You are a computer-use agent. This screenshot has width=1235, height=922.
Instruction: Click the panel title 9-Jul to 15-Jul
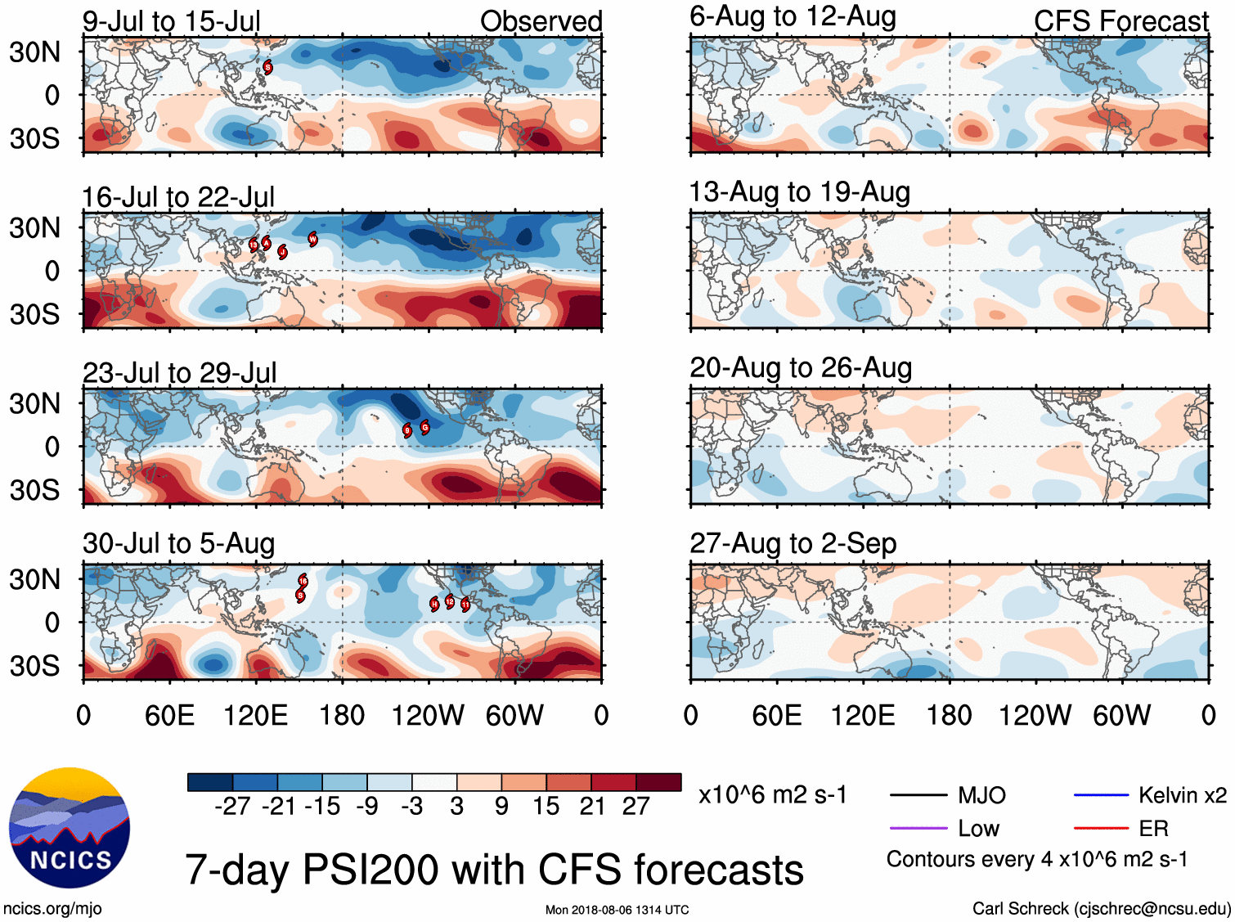pyautogui.click(x=171, y=21)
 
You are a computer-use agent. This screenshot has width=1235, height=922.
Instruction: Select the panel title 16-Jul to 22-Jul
pyautogui.click(x=178, y=197)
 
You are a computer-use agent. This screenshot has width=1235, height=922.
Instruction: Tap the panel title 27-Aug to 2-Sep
pyautogui.click(x=793, y=543)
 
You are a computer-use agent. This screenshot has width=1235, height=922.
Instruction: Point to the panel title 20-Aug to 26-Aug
pyautogui.click(x=800, y=368)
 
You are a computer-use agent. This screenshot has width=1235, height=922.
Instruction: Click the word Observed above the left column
pyautogui.click(x=541, y=21)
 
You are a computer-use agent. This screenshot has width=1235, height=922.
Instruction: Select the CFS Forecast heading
pyautogui.click(x=1120, y=21)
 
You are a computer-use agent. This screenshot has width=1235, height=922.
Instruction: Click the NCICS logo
pyautogui.click(x=69, y=827)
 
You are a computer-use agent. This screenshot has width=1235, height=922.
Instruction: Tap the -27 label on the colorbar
pyautogui.click(x=232, y=807)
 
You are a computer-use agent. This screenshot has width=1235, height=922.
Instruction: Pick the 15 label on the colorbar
pyautogui.click(x=546, y=807)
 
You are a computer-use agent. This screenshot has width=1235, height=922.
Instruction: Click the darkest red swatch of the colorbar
pyautogui.click(x=658, y=782)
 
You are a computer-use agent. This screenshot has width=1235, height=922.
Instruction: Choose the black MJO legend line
pyautogui.click(x=918, y=794)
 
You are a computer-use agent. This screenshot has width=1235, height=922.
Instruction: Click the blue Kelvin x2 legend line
pyautogui.click(x=1101, y=794)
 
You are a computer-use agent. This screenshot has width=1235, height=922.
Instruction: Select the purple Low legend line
pyautogui.click(x=918, y=828)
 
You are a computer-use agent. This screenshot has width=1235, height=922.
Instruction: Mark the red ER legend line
pyautogui.click(x=1101, y=828)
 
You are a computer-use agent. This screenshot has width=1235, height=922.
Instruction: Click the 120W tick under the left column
pyautogui.click(x=427, y=716)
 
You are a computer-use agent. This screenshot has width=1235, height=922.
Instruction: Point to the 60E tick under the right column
pyautogui.click(x=776, y=716)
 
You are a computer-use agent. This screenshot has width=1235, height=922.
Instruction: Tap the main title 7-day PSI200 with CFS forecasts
pyautogui.click(x=494, y=870)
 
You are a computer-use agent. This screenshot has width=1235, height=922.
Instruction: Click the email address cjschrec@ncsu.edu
pyautogui.click(x=1152, y=908)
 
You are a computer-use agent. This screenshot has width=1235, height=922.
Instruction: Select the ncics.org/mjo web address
pyautogui.click(x=52, y=908)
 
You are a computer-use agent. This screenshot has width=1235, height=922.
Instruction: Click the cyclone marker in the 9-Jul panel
pyautogui.click(x=267, y=67)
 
